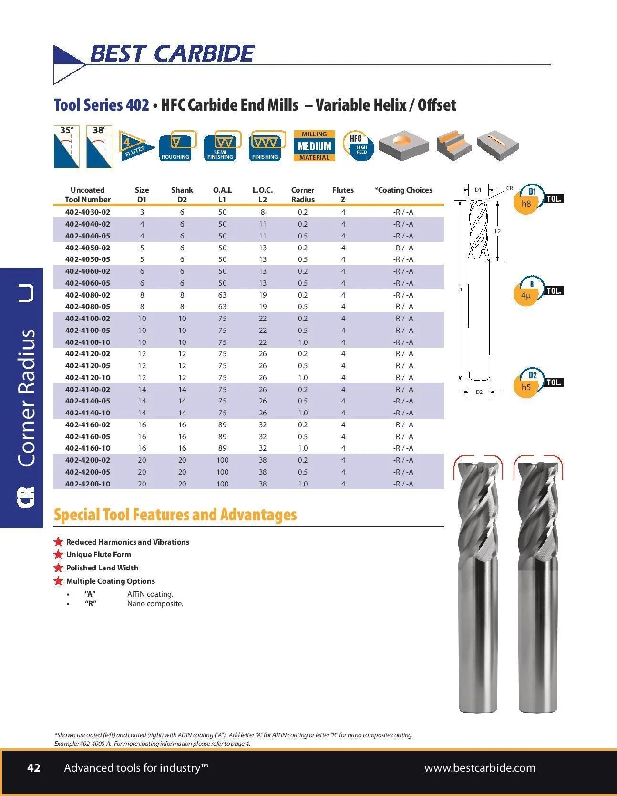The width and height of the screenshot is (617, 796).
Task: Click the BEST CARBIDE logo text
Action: (x=172, y=53)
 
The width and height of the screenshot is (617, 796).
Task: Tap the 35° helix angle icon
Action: (x=66, y=146)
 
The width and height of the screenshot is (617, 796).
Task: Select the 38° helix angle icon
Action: (x=99, y=146)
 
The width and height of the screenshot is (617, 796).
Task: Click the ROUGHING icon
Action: (x=176, y=146)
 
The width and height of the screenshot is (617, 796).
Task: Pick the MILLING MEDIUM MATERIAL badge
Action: (x=314, y=146)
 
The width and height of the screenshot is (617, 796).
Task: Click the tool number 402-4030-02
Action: (x=88, y=212)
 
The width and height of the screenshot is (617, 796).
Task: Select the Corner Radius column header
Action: (x=303, y=195)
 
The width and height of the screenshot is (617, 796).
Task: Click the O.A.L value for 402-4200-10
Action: (x=222, y=484)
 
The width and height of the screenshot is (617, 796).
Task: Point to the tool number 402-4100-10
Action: (x=88, y=342)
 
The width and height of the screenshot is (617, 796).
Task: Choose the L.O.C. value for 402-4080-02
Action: (x=262, y=295)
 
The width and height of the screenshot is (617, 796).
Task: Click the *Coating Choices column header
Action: (x=403, y=190)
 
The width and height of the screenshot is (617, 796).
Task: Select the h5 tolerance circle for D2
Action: (x=526, y=384)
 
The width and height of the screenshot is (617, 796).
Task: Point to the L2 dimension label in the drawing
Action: (x=497, y=231)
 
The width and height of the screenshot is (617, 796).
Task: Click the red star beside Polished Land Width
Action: (x=59, y=568)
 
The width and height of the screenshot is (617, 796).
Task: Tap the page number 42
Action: (x=34, y=768)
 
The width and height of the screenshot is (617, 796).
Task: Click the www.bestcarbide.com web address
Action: (x=480, y=768)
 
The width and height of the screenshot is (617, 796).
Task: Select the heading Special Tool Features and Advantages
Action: (x=175, y=515)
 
